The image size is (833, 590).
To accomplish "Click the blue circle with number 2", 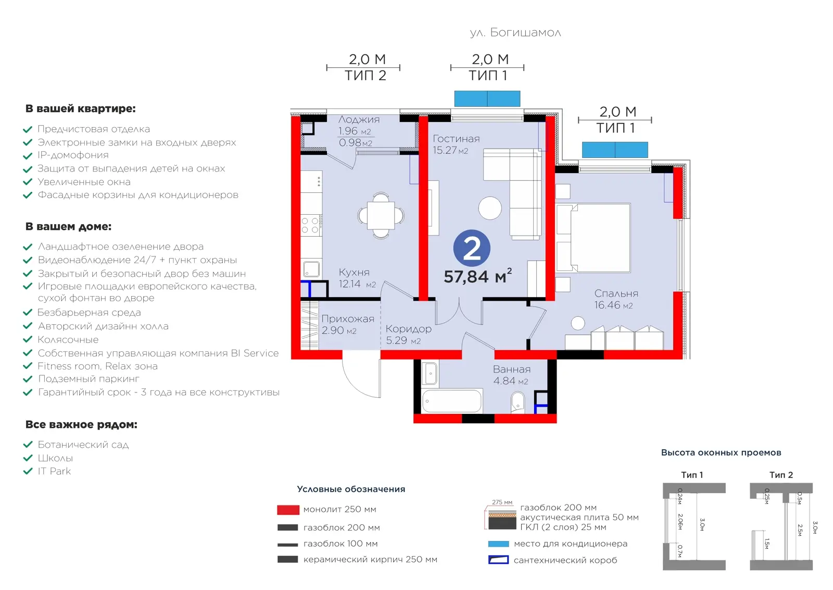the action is (472, 248).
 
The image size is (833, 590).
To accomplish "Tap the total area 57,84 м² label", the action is (478, 276).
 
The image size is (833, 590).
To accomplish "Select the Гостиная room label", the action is (456, 139).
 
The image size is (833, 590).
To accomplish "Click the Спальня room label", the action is (616, 293).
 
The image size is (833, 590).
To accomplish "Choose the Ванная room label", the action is (512, 369).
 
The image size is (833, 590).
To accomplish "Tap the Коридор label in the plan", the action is (408, 329).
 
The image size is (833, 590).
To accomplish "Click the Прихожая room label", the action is (348, 318).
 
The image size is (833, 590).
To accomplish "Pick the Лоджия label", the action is (359, 119).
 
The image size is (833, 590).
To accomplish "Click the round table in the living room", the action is (490, 208).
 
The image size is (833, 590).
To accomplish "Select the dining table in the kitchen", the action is (381, 215).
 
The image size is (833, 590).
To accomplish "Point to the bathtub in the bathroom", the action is (452, 401).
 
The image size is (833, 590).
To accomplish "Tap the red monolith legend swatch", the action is (288, 510).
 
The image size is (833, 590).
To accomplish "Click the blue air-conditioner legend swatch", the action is (498, 544).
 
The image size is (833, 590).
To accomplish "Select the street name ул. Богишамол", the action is (515, 33).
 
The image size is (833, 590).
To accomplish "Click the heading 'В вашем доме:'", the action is (68, 226).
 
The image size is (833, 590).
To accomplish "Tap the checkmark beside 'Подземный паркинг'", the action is (28, 379).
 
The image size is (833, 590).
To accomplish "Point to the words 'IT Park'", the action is (54, 471).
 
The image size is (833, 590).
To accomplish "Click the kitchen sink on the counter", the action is (311, 269).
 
